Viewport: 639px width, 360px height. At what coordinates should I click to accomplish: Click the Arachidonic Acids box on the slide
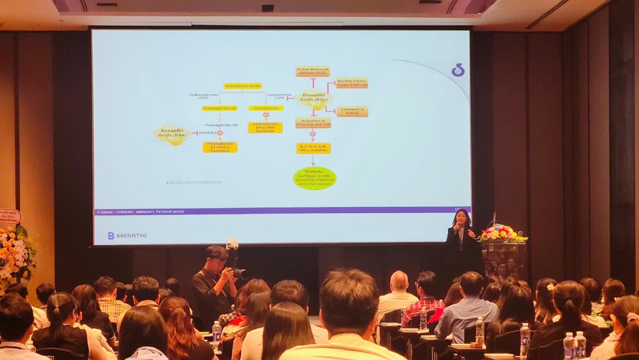[x=242, y=86]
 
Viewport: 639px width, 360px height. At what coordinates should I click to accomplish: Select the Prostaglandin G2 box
[x=219, y=108]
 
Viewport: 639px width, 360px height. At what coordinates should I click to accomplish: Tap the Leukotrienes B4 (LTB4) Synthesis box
[x=265, y=128]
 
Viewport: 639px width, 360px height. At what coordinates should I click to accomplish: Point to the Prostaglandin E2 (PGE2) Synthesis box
[x=220, y=147]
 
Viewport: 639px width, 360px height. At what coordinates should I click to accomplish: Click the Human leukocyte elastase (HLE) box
[x=313, y=71]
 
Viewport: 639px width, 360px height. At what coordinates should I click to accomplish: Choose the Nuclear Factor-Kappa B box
[x=352, y=83]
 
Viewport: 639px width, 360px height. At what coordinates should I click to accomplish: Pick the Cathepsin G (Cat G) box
[x=352, y=111]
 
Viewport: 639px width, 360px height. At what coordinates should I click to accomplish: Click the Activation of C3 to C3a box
[x=313, y=122]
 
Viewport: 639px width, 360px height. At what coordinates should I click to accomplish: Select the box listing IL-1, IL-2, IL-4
[x=313, y=148]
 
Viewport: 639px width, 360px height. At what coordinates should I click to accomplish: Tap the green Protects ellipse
[x=315, y=178]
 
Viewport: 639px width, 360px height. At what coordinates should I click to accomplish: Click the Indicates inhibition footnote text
[x=194, y=182]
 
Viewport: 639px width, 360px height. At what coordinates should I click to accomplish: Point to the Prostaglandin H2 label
[x=221, y=125]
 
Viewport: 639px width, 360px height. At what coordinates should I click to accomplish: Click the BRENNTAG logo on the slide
[x=127, y=235]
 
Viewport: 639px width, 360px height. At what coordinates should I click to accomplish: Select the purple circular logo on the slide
[x=457, y=70]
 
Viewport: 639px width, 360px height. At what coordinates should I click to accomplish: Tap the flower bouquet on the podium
[x=500, y=234]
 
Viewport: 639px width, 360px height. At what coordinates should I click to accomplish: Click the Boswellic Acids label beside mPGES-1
[x=171, y=135]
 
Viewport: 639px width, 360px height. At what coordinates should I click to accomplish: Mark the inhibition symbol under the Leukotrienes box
[x=266, y=114]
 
